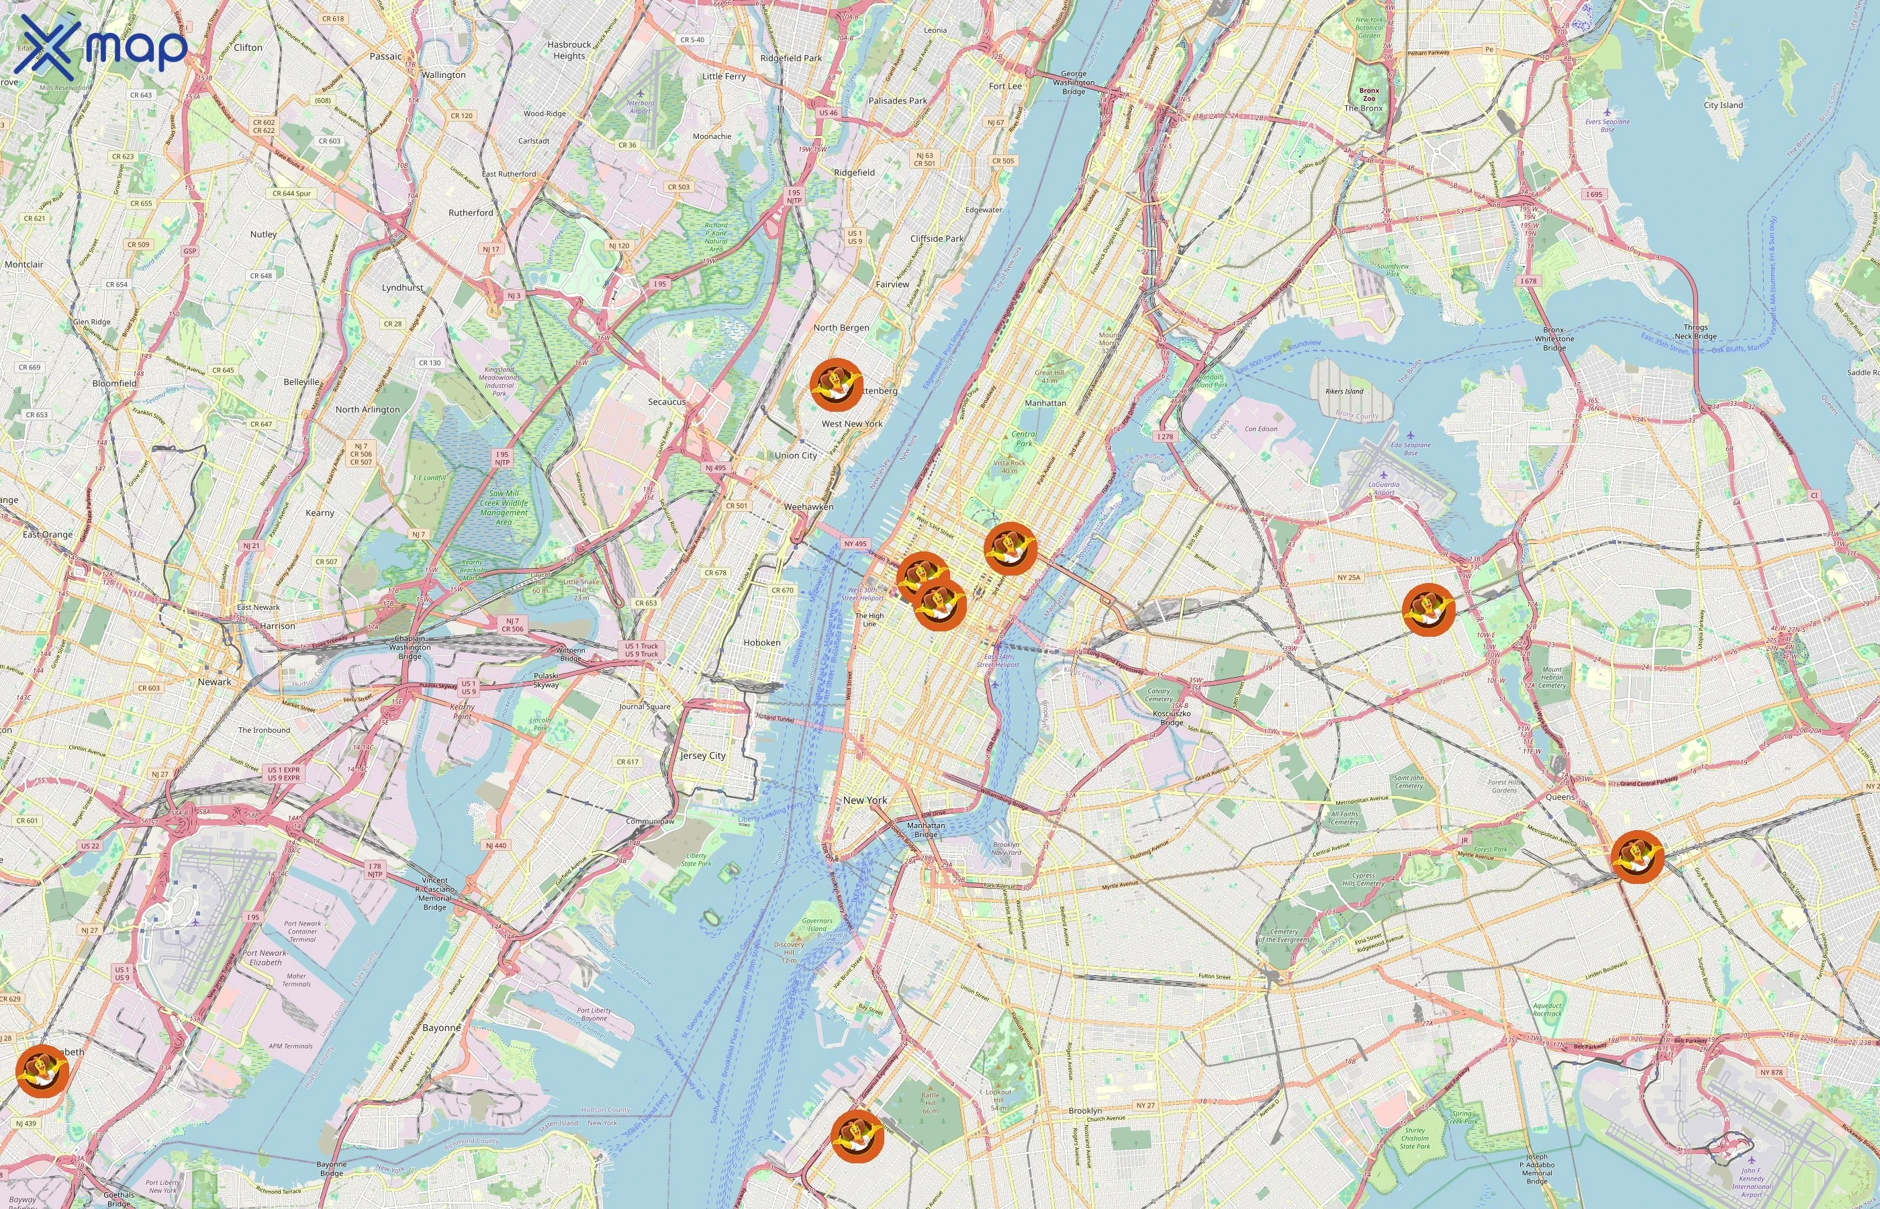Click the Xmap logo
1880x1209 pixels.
click(x=102, y=47)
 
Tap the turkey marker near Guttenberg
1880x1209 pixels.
click(x=837, y=385)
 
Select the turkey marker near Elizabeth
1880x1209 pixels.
click(x=42, y=1070)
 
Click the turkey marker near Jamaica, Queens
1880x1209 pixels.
click(x=1638, y=856)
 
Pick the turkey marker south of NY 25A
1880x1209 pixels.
click(x=1429, y=609)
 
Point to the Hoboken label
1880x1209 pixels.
click(x=762, y=642)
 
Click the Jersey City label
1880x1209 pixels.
click(x=703, y=755)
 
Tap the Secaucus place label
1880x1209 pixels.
click(x=667, y=402)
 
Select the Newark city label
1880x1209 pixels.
click(x=214, y=682)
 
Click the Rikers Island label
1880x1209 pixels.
click(x=1344, y=391)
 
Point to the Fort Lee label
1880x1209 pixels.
click(x=1005, y=87)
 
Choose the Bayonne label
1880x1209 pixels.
click(x=442, y=1028)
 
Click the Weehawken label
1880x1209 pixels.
click(x=809, y=507)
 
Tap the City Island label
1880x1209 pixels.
click(x=1723, y=105)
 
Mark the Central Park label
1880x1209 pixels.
click(x=1024, y=439)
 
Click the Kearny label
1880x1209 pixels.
click(x=320, y=512)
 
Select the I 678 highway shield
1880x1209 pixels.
click(x=1527, y=281)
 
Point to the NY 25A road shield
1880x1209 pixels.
click(x=1348, y=578)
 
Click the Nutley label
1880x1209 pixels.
click(x=264, y=234)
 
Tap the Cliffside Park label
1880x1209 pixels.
click(x=937, y=238)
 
